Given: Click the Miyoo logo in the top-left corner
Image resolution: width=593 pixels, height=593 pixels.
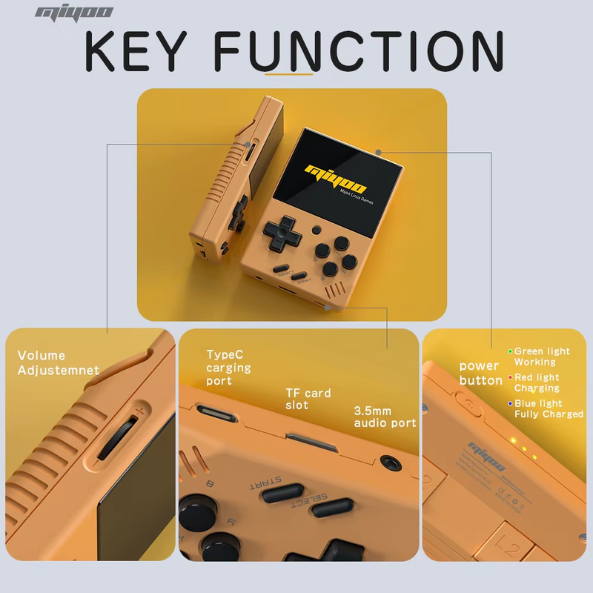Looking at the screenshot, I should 74,12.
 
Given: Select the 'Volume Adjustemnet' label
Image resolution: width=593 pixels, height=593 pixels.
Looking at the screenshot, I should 58,363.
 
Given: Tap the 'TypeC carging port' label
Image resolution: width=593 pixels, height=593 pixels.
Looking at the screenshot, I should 228,368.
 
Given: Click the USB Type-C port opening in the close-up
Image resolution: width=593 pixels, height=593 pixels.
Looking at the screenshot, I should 213,413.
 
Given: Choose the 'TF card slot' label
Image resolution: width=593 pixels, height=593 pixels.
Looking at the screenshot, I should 308,400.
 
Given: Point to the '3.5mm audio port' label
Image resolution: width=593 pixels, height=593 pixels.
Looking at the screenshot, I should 385,417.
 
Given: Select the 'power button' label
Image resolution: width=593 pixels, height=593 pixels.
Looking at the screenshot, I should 480,373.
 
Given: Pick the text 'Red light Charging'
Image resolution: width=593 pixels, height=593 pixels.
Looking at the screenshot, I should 537,383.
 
